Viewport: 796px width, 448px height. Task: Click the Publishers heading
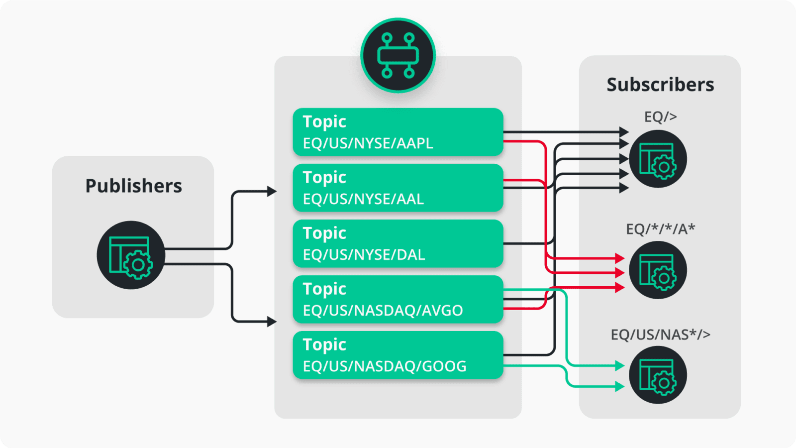[133, 186]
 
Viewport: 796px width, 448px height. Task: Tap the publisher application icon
[131, 255]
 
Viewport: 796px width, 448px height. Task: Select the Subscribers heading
[660, 85]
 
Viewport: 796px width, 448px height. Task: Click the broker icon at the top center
[398, 55]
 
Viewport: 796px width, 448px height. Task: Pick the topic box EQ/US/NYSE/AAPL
[398, 132]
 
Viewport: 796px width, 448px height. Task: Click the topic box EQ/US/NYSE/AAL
[398, 188]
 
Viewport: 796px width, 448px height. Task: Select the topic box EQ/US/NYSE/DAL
[398, 243]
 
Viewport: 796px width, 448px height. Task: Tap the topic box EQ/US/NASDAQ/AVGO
[398, 299]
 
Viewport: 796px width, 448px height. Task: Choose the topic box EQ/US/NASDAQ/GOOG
[398, 355]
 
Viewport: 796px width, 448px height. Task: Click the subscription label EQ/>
[660, 117]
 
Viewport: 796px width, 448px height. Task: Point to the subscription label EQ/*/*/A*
[660, 229]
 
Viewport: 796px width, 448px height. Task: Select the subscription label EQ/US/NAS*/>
[660, 335]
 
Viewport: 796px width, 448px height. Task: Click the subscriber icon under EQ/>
[658, 159]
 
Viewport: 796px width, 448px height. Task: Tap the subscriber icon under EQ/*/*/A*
[658, 270]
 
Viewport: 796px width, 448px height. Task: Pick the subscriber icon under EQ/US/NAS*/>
[658, 375]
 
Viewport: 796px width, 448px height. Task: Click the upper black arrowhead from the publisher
[272, 191]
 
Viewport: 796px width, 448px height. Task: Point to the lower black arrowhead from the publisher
[272, 322]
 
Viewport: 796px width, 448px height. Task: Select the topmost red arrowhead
[619, 258]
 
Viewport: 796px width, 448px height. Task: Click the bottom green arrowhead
[619, 386]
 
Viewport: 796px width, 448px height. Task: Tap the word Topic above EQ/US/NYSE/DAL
[324, 233]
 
